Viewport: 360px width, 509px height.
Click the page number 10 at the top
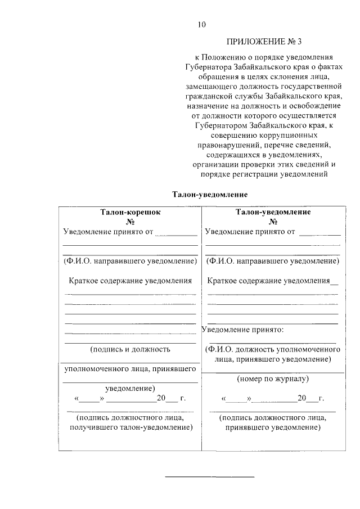click(x=202, y=24)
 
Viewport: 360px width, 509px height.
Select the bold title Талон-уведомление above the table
click(x=202, y=194)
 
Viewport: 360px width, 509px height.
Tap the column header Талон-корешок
click(x=130, y=213)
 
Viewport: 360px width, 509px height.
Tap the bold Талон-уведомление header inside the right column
click(x=273, y=213)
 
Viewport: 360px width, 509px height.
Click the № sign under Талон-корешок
click(x=130, y=222)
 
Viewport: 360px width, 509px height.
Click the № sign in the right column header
click(x=273, y=222)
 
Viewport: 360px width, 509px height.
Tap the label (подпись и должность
click(x=130, y=349)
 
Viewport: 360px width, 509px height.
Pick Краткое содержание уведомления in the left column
click(x=130, y=280)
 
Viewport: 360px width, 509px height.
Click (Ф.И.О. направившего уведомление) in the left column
click(x=130, y=261)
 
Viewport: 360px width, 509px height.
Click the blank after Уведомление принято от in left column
click(x=176, y=232)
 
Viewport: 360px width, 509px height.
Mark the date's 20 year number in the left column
click(x=162, y=398)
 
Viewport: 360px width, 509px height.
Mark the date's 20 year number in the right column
click(x=302, y=398)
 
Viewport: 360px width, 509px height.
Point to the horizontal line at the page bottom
click(x=209, y=477)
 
